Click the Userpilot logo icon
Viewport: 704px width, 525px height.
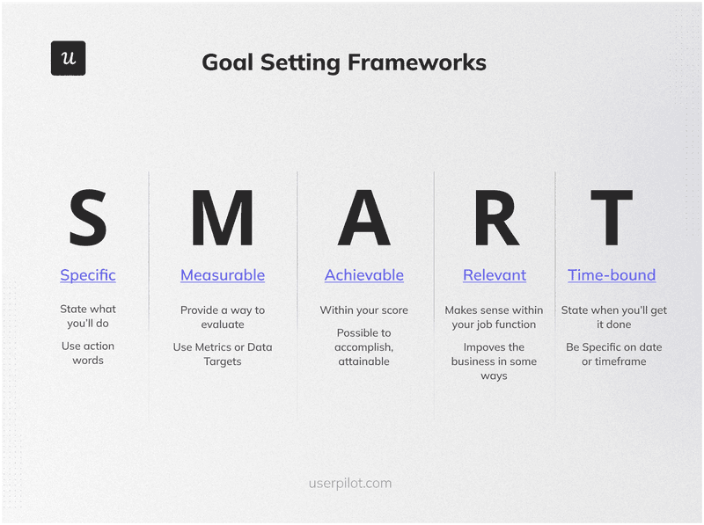pyautogui.click(x=68, y=58)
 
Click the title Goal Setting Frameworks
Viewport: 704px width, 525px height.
pyautogui.click(x=343, y=62)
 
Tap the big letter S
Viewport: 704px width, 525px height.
pyautogui.click(x=88, y=218)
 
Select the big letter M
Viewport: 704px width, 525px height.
pyautogui.click(x=222, y=218)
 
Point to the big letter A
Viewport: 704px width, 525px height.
pyautogui.click(x=363, y=218)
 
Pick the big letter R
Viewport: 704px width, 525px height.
pyautogui.click(x=495, y=218)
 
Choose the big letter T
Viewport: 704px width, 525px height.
pyautogui.click(x=611, y=218)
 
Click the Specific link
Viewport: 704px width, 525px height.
pyautogui.click(x=88, y=275)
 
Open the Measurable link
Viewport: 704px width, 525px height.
pyautogui.click(x=223, y=275)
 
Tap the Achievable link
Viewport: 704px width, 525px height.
pyautogui.click(x=364, y=275)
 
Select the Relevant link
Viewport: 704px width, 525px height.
pyautogui.click(x=495, y=275)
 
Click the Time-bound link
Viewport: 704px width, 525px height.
pyautogui.click(x=612, y=275)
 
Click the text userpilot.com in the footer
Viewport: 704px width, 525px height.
pyautogui.click(x=350, y=483)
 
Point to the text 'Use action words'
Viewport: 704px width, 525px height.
pyautogui.click(x=88, y=353)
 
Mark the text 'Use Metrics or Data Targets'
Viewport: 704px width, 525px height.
pyautogui.click(x=223, y=354)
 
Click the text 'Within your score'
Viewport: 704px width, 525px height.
pyautogui.click(x=364, y=310)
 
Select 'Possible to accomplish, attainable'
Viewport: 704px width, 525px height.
pyautogui.click(x=364, y=346)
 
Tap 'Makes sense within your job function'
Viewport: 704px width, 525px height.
pyautogui.click(x=494, y=317)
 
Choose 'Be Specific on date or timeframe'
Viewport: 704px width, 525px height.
pyautogui.click(x=613, y=354)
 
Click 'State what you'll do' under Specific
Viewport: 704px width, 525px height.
pyautogui.click(x=88, y=317)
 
